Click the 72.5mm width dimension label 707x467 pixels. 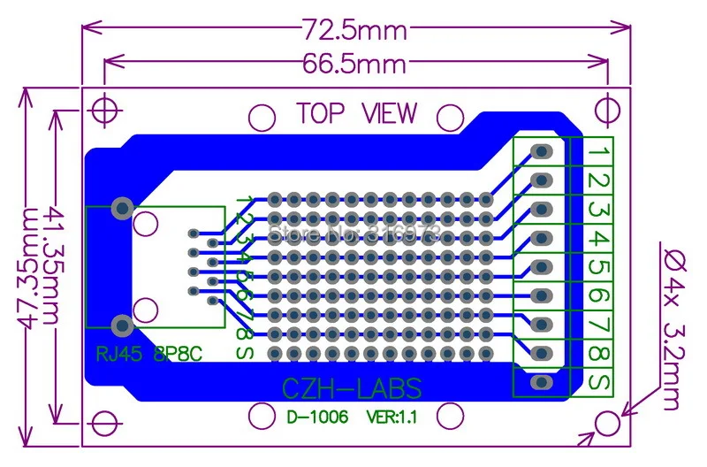point(356,31)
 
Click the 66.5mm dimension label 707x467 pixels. point(356,64)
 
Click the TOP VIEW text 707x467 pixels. point(356,113)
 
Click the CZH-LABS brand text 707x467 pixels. point(351,387)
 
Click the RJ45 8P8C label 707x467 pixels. point(148,355)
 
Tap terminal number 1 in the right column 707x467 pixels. point(598,153)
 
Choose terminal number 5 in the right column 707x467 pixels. point(598,267)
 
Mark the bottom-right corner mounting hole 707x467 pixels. point(606,424)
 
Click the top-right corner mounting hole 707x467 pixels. point(606,107)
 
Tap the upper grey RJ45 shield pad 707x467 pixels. point(122,209)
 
